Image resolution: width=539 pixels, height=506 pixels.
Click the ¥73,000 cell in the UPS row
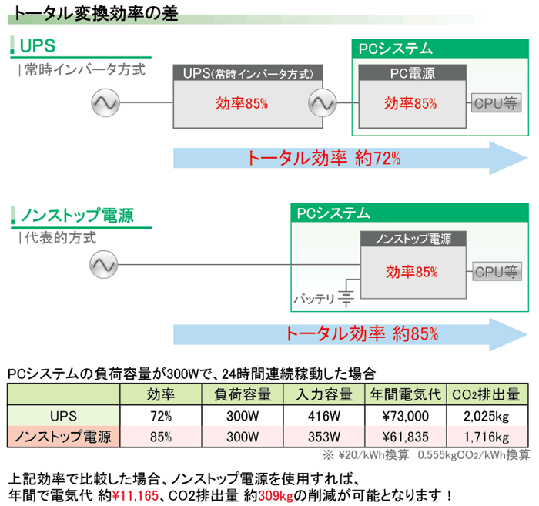click(406, 417)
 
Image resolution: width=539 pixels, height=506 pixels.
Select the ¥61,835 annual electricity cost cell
click(406, 437)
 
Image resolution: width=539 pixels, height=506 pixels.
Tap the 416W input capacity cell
click(323, 417)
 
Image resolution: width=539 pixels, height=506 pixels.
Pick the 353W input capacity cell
click(323, 437)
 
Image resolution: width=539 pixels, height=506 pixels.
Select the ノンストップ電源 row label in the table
click(64, 437)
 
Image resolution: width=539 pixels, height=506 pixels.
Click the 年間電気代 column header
click(406, 395)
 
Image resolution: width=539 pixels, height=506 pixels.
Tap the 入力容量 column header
click(323, 395)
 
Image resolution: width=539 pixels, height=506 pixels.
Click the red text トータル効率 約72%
click(323, 158)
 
